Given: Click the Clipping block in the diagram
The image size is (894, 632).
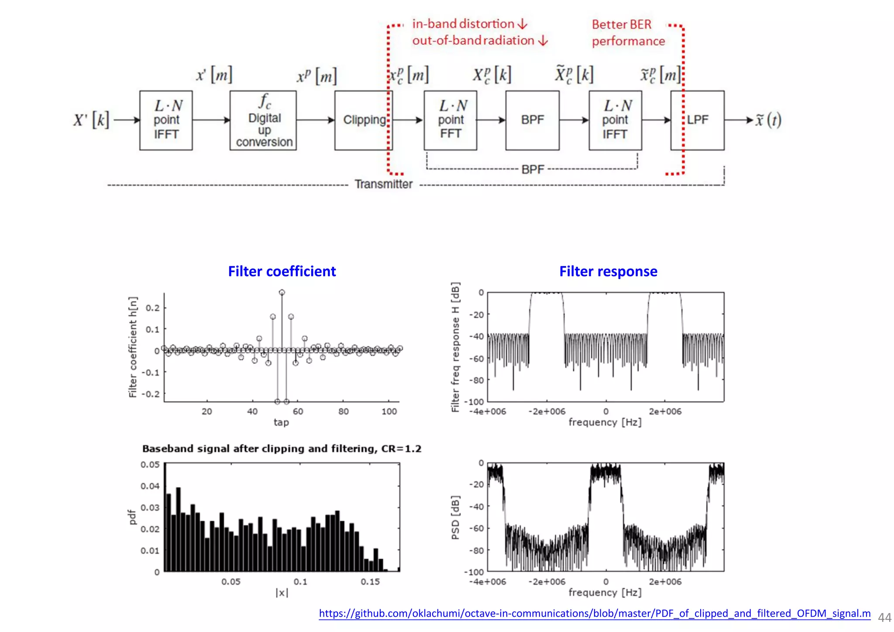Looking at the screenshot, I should [x=363, y=120].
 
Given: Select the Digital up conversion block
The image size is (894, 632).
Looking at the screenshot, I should [x=263, y=120].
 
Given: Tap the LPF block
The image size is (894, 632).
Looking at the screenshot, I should [x=697, y=120].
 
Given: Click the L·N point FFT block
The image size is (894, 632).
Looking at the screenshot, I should [x=450, y=120].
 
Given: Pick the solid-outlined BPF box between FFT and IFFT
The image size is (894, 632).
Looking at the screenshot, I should [x=532, y=120].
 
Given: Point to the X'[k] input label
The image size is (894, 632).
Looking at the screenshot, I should [x=91, y=120].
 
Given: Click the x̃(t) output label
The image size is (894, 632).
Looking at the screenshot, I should [x=768, y=120].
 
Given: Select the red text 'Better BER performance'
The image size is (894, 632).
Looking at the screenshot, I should [x=628, y=33].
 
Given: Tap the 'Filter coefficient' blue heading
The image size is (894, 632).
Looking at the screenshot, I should [x=282, y=271].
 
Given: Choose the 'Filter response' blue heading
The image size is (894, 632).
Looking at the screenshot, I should [x=608, y=271].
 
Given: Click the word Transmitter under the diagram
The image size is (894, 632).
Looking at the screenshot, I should [x=383, y=184].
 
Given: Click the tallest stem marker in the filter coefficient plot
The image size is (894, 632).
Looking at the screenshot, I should [x=282, y=292].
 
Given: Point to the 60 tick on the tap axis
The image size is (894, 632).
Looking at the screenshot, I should [x=298, y=411].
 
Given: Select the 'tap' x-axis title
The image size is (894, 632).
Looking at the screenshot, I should [x=281, y=422].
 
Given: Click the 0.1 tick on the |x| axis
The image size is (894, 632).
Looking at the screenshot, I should [x=300, y=582].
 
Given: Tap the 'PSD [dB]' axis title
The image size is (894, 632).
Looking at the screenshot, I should [x=455, y=517].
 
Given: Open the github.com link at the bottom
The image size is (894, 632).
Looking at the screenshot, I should [x=595, y=614].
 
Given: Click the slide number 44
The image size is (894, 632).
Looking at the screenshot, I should [x=884, y=618].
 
